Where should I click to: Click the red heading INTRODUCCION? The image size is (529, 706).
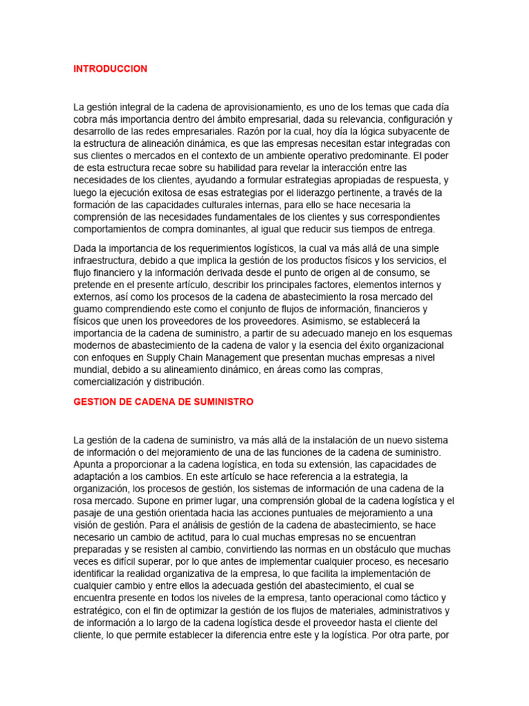(110, 69)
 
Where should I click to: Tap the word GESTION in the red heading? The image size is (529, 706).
(94, 401)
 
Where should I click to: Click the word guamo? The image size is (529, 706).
(88, 309)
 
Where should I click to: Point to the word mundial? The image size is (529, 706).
(90, 370)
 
